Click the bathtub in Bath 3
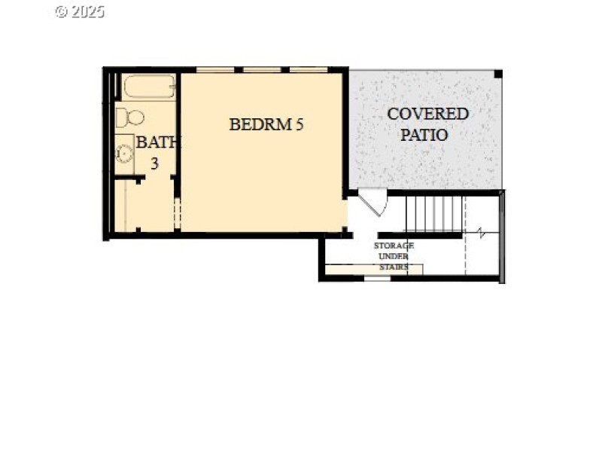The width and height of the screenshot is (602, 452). pos(148,87)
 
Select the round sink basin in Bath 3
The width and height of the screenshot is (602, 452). pos(124,154)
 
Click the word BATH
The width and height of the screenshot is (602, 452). pos(156,142)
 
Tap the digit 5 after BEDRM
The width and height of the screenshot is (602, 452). pos(299,125)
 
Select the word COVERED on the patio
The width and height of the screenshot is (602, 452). pos(427,115)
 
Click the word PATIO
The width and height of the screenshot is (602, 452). pos(424,136)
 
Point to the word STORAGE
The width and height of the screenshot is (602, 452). pos(394,246)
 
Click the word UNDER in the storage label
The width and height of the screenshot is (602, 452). pos(394,257)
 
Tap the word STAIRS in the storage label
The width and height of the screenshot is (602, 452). pos(394,267)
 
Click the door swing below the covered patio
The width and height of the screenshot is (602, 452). pos(372,202)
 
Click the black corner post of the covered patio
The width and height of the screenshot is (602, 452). pos(497,74)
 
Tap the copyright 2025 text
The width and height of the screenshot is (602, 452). pos(80,11)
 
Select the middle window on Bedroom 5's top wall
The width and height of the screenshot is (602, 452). pos(266,70)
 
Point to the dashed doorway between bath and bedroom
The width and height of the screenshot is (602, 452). pos(178,213)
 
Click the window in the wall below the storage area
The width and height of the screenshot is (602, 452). pos(377,278)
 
